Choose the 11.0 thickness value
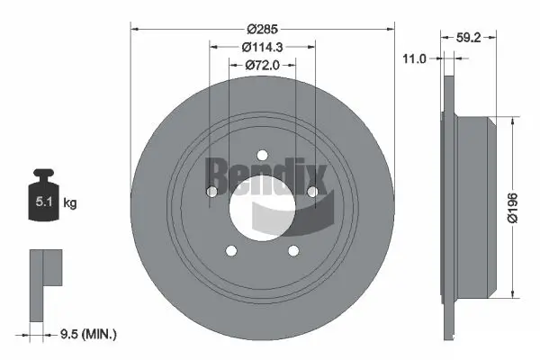coord(414,58)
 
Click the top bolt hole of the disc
coord(262,154)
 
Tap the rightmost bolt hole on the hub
coord(313,191)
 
